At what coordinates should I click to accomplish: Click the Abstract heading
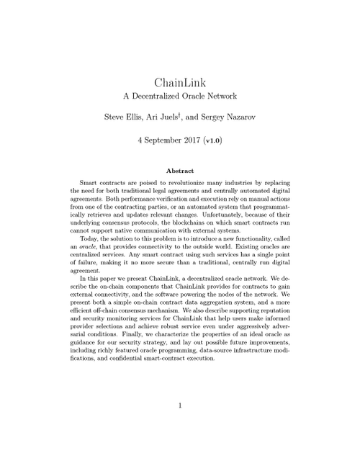point(180,171)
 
